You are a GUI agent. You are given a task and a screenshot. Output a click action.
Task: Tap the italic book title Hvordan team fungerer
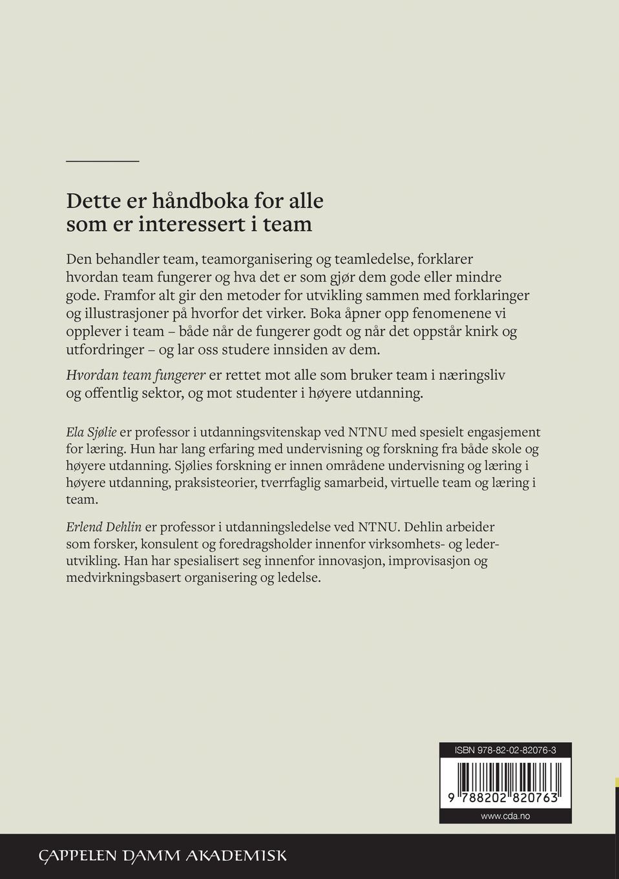[136, 375]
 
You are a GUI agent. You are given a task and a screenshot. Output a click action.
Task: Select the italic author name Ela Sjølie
[91, 431]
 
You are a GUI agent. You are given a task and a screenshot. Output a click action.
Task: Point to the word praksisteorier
[213, 482]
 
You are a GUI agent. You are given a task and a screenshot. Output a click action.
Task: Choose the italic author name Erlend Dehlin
[104, 527]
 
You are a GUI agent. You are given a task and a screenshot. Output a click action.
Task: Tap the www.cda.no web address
[505, 816]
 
